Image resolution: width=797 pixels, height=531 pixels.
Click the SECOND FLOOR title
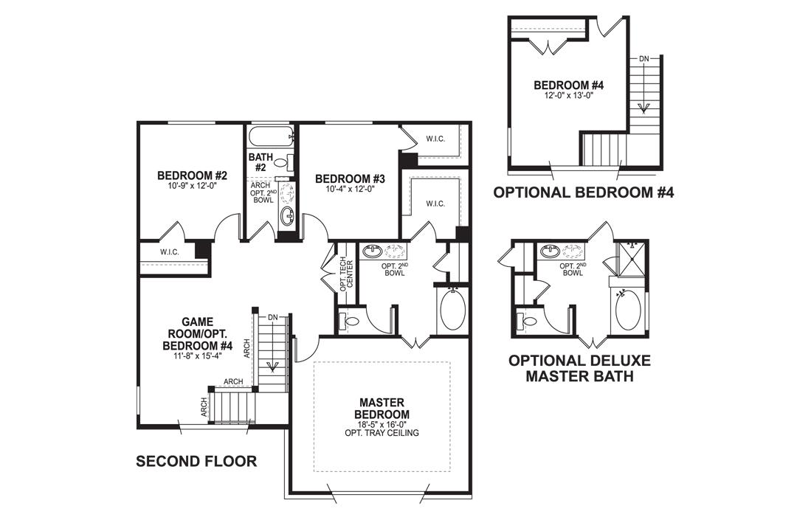196,462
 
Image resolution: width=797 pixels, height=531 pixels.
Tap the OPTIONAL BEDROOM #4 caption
583,193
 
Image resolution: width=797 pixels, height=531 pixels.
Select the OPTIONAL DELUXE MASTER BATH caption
579,369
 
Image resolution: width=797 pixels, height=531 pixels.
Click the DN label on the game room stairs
272,317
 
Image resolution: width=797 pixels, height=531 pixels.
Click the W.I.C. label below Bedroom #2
170,252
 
